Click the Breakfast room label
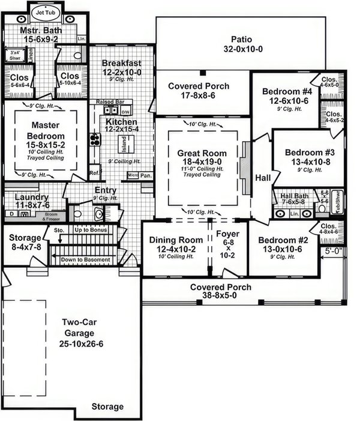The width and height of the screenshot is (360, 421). click(121, 63)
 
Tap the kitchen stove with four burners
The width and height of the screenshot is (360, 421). click(95, 139)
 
